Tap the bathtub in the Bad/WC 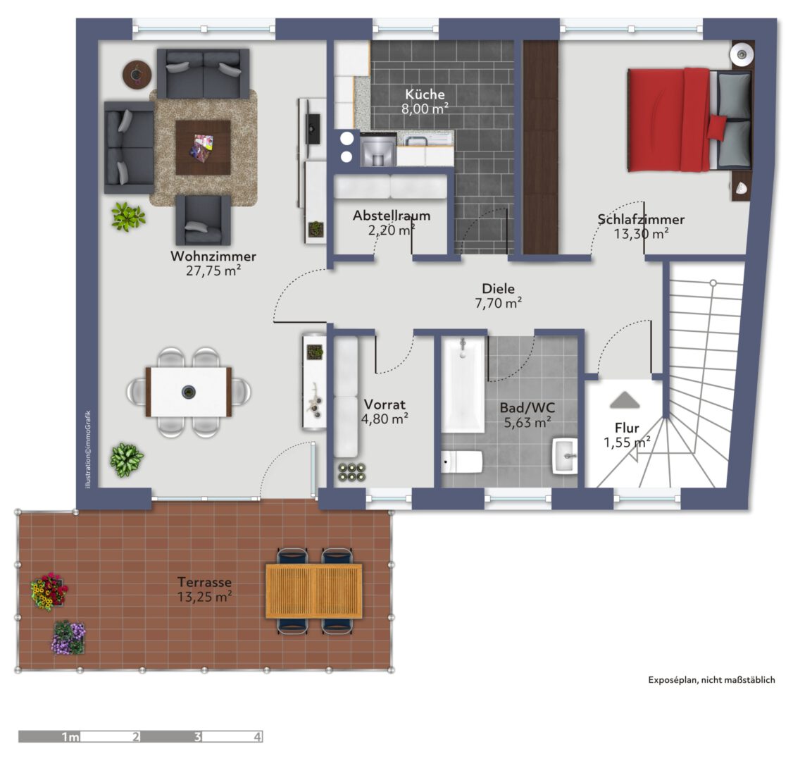[x=463, y=385]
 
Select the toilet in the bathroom [x=461, y=462]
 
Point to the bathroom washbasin [x=565, y=456]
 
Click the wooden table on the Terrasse [x=314, y=590]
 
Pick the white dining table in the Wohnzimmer [x=189, y=392]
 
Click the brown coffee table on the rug [x=203, y=147]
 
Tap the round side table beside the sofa [x=137, y=75]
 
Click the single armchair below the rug [x=204, y=221]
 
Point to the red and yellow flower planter [x=49, y=591]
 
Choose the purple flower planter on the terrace [x=68, y=638]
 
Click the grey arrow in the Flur [x=625, y=400]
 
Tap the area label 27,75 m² [x=213, y=271]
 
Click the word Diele [x=498, y=288]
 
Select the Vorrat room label [x=385, y=404]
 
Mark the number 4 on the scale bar [x=258, y=737]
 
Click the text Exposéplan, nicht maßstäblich [x=711, y=679]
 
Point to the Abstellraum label [x=392, y=216]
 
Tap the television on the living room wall [x=313, y=129]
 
